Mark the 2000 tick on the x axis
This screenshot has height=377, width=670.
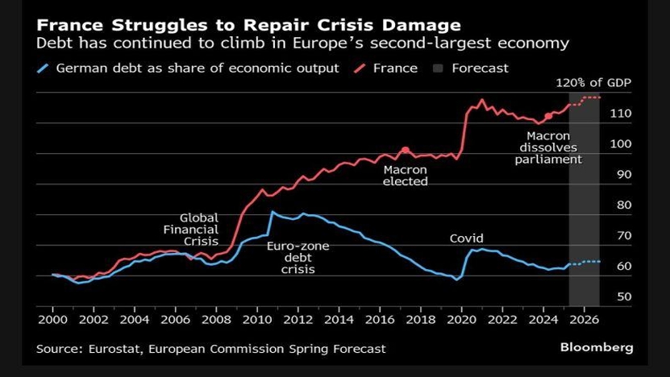[52, 320]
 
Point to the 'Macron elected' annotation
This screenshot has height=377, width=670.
[405, 176]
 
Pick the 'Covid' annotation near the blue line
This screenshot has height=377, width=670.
[467, 238]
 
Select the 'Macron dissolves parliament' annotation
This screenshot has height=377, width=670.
[548, 148]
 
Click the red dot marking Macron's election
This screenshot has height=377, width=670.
[405, 151]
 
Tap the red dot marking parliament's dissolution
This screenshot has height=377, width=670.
[548, 117]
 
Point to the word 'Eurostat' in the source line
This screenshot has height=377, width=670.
[116, 349]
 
